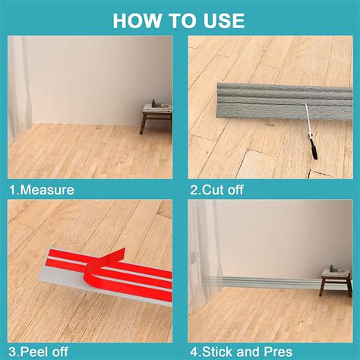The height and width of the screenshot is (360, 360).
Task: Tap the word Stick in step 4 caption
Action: pyautogui.click(x=221, y=351)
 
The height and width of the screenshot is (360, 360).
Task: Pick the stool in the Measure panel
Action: pyautogui.click(x=156, y=118)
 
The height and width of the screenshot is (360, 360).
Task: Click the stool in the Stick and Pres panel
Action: pyautogui.click(x=334, y=281)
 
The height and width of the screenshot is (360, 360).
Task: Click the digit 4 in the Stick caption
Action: pyautogui.click(x=194, y=351)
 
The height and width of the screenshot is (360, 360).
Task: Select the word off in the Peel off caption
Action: pyautogui.click(x=59, y=351)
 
